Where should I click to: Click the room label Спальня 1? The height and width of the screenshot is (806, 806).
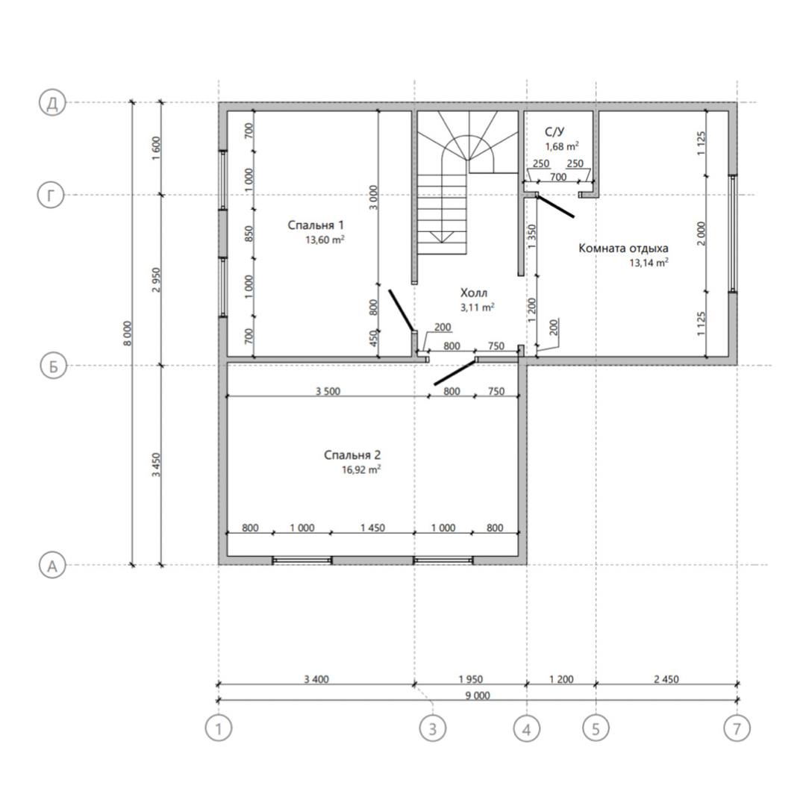(x=316, y=225)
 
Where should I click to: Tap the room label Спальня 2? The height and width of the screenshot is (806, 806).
(x=352, y=455)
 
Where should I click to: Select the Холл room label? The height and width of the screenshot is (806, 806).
(x=473, y=293)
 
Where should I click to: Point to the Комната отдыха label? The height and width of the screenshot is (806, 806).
(x=623, y=249)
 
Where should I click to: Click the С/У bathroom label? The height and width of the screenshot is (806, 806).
(x=554, y=132)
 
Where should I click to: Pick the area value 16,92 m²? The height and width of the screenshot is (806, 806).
(x=361, y=470)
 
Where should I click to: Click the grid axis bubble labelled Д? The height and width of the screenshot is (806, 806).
(x=52, y=103)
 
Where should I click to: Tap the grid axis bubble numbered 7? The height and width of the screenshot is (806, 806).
(x=737, y=728)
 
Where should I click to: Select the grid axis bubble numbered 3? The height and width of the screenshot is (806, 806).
(x=432, y=728)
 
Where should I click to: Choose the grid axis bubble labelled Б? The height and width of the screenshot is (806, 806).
(x=53, y=366)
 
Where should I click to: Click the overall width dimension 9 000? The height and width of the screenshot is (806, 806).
(x=478, y=696)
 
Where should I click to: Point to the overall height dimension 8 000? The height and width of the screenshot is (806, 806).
(x=128, y=334)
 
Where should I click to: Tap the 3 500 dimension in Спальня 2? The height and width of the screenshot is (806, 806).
(x=328, y=391)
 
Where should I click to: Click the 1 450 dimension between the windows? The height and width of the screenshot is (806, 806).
(x=372, y=528)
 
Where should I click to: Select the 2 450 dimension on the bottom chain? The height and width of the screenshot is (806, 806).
(x=666, y=679)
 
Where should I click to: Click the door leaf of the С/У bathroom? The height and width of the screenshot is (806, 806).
(x=555, y=206)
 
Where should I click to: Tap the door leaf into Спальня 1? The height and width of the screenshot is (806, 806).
(x=401, y=310)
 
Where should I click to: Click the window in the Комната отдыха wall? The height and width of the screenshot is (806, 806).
(x=733, y=234)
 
